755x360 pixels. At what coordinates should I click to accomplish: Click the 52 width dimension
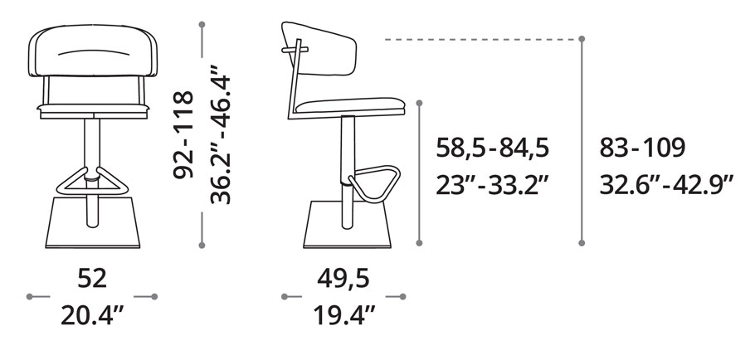pyautogui.click(x=92, y=279)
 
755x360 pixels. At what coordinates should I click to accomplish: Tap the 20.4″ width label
pyautogui.click(x=92, y=315)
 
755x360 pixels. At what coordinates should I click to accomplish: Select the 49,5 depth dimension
pyautogui.click(x=343, y=279)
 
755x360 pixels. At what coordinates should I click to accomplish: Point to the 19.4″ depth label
pyautogui.click(x=344, y=315)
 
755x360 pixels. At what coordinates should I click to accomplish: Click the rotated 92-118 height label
pyautogui.click(x=183, y=134)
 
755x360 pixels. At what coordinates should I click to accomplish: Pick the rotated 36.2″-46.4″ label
pyautogui.click(x=221, y=139)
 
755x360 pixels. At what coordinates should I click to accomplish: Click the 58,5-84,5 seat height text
pyautogui.click(x=493, y=148)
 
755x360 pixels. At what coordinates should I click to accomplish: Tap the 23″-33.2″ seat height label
pyautogui.click(x=492, y=185)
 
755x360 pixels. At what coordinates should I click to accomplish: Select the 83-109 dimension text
pyautogui.click(x=642, y=148)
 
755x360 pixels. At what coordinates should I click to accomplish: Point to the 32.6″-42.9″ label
pyautogui.click(x=666, y=185)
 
